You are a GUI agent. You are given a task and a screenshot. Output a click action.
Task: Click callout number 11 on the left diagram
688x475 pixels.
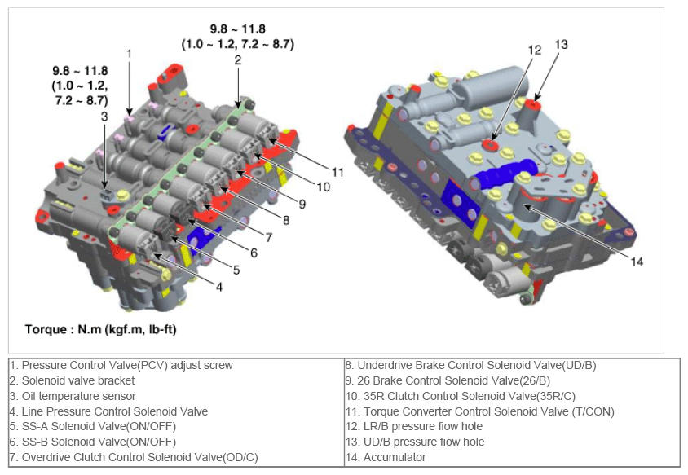[x=337, y=172]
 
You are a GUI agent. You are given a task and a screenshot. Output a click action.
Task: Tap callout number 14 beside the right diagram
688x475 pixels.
[x=637, y=262]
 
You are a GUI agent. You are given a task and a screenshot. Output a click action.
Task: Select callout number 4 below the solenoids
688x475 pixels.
[x=219, y=287]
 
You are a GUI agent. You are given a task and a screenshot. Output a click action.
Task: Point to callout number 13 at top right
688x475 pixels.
[x=561, y=44]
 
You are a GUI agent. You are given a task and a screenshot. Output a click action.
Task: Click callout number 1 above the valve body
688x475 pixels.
[x=129, y=54]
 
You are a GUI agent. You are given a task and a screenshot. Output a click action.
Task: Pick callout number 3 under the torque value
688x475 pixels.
[x=104, y=117]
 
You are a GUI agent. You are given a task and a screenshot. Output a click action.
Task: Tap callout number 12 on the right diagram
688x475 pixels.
[x=535, y=50]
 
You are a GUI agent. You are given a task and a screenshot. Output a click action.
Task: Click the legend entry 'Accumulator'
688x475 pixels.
[x=386, y=457]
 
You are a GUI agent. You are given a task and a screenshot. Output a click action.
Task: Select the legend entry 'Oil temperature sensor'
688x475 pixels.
[x=73, y=396]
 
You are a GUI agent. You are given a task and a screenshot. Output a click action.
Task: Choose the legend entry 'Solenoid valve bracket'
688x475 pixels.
[x=73, y=380]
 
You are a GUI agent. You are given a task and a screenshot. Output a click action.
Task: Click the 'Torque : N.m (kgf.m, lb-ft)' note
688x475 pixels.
[x=100, y=329]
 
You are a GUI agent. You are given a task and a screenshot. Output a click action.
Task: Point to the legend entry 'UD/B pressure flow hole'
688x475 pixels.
[x=415, y=442]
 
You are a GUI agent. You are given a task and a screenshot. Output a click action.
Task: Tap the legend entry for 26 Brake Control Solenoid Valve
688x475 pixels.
[x=448, y=380]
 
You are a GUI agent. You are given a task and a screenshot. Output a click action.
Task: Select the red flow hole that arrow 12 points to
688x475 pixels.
[x=489, y=144]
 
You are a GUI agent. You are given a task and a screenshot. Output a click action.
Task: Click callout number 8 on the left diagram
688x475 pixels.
[x=286, y=220]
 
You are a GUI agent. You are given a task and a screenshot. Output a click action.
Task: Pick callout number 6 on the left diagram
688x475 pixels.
[x=254, y=253]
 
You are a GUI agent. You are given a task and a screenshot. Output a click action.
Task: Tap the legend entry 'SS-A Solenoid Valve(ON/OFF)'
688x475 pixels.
[x=93, y=426]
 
